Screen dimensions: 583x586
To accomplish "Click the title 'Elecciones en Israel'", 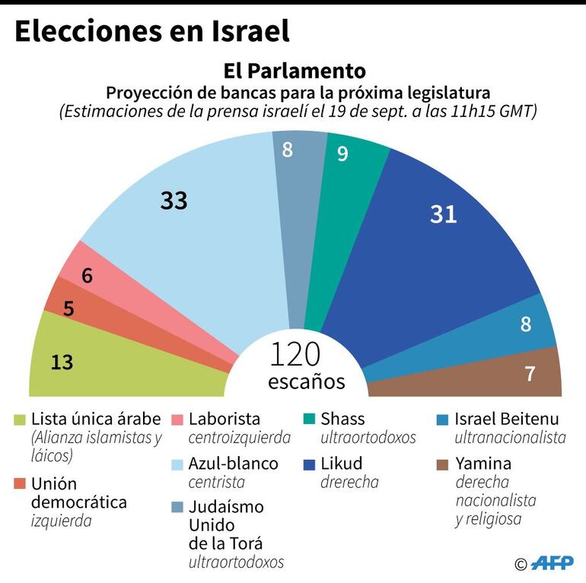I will [x=152, y=31].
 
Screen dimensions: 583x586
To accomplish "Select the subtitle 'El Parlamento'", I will [x=294, y=71].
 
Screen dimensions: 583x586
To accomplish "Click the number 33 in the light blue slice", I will [x=174, y=201].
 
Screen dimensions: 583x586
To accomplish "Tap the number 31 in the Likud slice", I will [x=443, y=215].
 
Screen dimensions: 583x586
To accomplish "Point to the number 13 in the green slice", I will [x=62, y=363].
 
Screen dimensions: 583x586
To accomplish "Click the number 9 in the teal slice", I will [x=342, y=154].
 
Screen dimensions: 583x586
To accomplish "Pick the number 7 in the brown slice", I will [x=530, y=373].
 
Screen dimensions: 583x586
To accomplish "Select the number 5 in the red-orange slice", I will [x=68, y=309].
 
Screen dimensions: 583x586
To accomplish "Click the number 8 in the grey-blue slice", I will [x=287, y=150].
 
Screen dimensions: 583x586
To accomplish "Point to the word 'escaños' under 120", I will [x=306, y=381].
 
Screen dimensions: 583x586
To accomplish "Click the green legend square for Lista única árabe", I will [x=20, y=420].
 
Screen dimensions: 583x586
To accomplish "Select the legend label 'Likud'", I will [x=341, y=464].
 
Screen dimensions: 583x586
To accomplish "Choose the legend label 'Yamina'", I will [x=482, y=464].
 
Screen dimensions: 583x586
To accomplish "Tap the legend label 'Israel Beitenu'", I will [x=505, y=419].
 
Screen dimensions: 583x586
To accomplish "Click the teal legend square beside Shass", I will [x=309, y=420].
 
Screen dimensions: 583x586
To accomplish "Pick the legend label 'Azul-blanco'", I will [x=233, y=464].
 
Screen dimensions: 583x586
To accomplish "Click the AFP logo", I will [x=553, y=563].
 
